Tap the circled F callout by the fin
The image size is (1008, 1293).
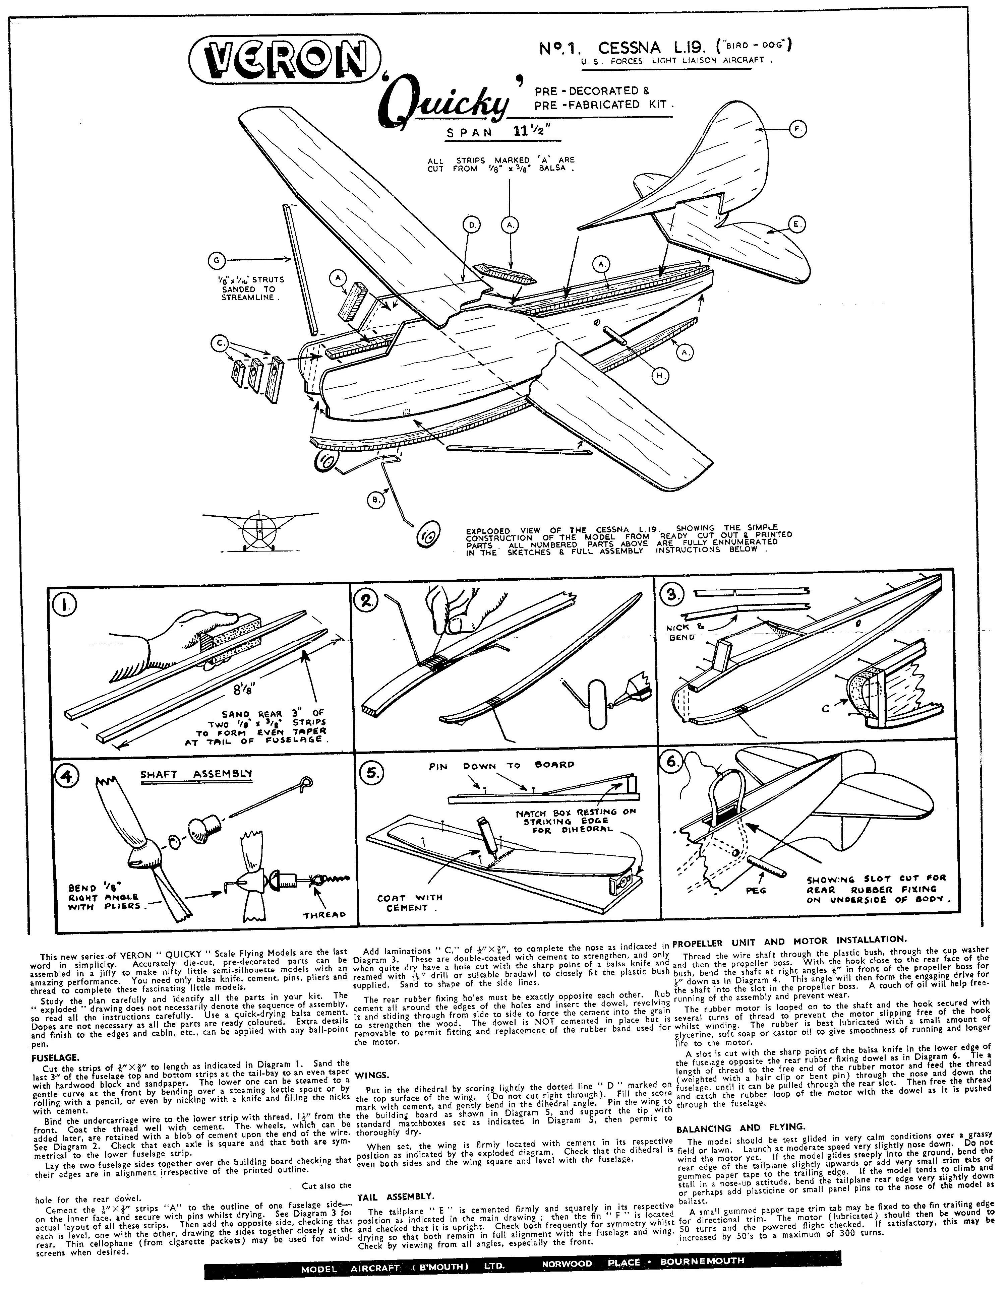tap(798, 129)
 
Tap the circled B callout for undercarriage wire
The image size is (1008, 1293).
tap(375, 500)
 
